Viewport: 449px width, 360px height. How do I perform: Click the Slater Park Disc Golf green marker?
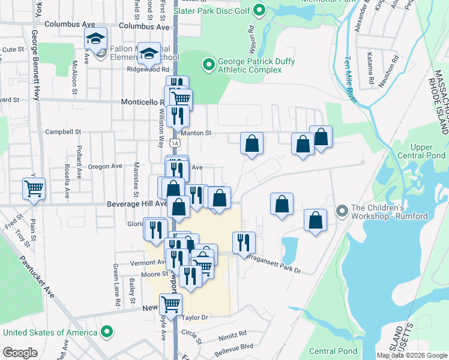(259, 10)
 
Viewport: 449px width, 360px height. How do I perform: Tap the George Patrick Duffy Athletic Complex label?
(249, 65)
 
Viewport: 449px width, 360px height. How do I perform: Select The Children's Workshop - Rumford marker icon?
(342, 211)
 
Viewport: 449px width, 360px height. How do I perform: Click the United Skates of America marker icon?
(107, 332)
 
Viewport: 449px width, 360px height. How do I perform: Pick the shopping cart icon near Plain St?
(34, 188)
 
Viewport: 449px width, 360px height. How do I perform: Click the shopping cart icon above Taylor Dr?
(170, 304)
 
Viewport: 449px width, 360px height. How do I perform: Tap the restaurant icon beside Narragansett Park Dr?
(244, 242)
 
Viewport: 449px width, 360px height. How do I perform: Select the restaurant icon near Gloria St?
(155, 229)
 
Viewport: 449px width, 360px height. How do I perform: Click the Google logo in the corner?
(20, 353)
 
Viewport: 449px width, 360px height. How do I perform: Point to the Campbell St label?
(63, 131)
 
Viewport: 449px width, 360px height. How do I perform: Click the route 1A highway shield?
(174, 143)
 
